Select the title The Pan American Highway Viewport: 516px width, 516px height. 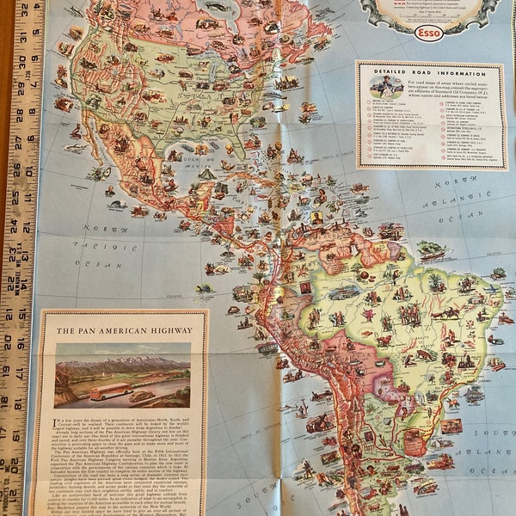[120, 329]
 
